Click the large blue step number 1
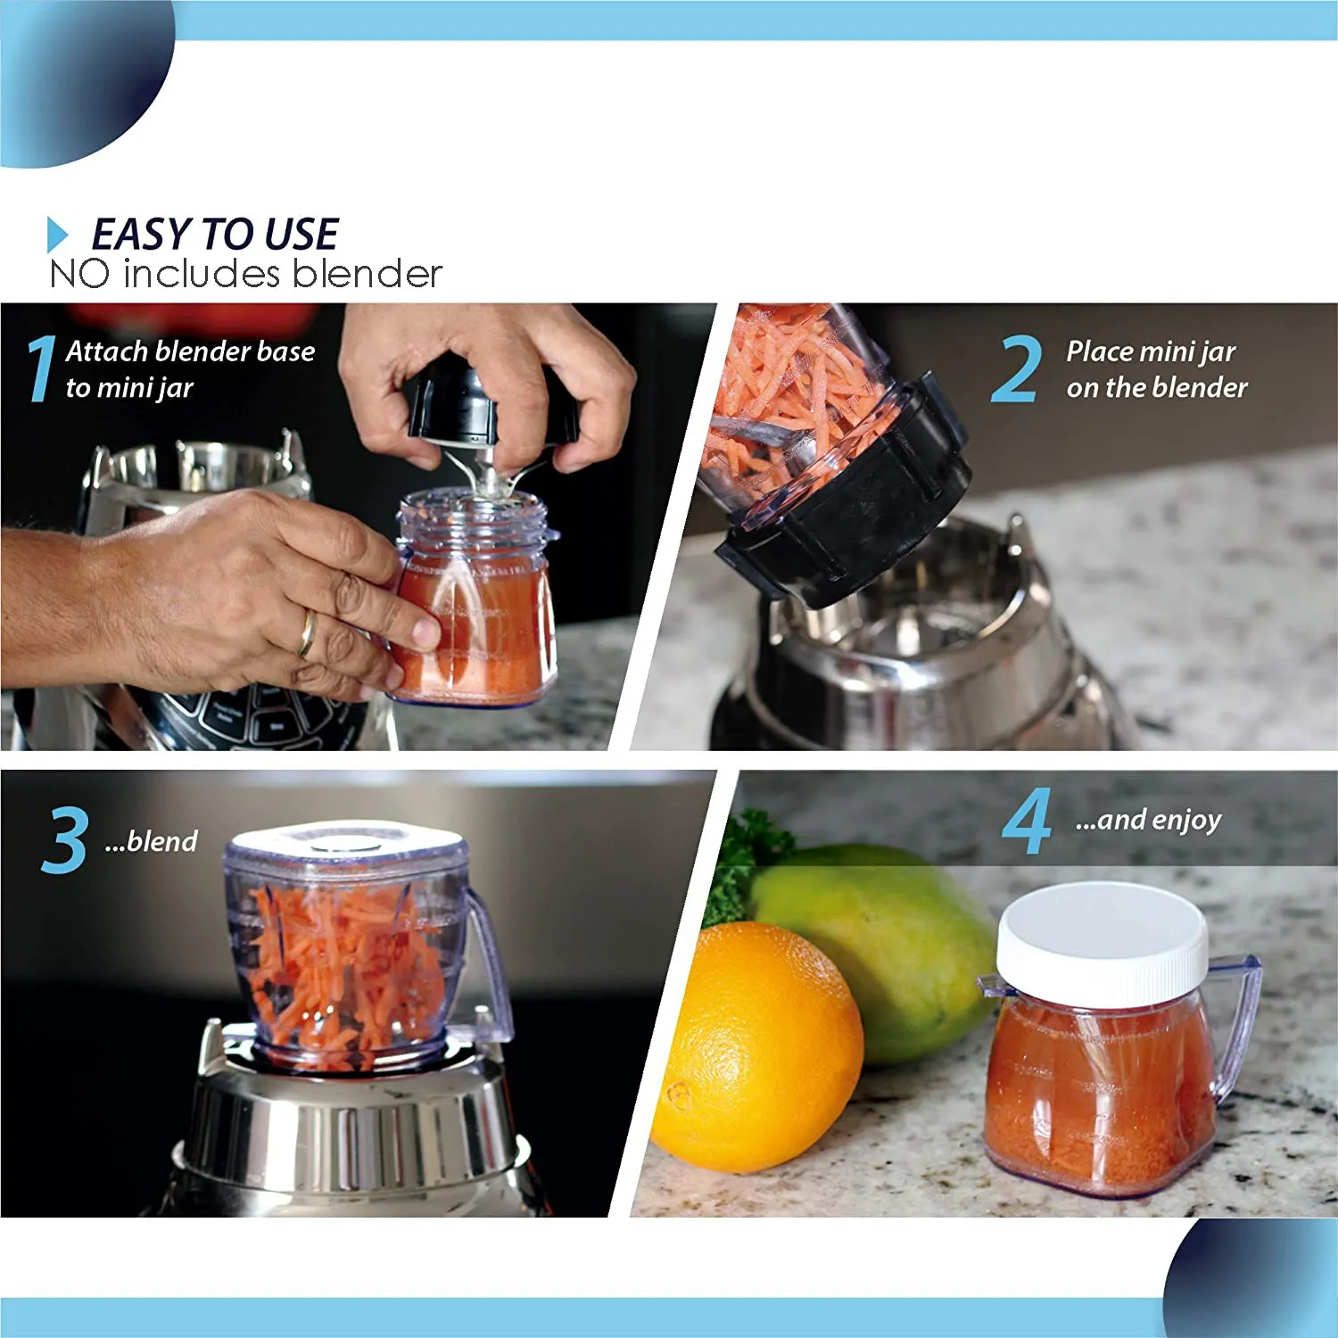[x=40, y=368]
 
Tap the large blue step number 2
[x=1015, y=368]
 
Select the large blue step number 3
[x=64, y=839]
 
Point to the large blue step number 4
[x=1027, y=821]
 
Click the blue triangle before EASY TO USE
[x=57, y=235]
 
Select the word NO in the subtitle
[x=78, y=274]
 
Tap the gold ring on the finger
[x=306, y=632]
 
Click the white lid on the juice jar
[x=1102, y=941]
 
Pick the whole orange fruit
[x=756, y=1048]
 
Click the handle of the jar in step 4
[x=1240, y=1026]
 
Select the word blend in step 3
[x=161, y=841]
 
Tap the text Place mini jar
[x=1151, y=351]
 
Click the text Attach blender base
[x=190, y=351]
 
